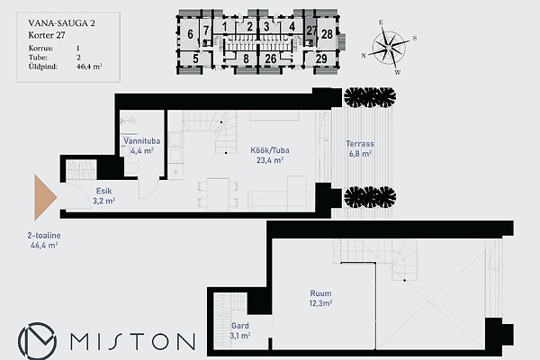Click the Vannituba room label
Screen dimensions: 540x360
(x=141, y=141)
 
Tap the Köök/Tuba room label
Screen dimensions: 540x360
(x=270, y=150)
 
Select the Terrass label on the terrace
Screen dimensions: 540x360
(x=360, y=144)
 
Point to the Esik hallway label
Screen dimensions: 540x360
(x=103, y=191)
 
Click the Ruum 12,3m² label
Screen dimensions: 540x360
(x=320, y=298)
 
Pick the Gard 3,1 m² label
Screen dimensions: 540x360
(x=240, y=330)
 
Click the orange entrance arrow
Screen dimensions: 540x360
(x=45, y=197)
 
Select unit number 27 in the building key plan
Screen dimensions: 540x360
(x=311, y=31)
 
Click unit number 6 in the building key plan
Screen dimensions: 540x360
(x=190, y=34)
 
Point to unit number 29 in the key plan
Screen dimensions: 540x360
(x=321, y=58)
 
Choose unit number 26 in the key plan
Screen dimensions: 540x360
(x=271, y=58)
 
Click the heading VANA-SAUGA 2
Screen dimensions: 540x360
(x=61, y=23)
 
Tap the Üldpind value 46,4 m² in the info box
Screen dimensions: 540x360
(x=89, y=67)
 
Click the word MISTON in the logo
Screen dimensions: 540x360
(x=132, y=341)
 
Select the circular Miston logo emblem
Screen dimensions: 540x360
(x=37, y=341)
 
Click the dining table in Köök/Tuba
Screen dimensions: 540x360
(x=218, y=194)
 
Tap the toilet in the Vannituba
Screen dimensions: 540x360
(x=131, y=168)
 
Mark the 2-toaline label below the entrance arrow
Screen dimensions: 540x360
(x=44, y=236)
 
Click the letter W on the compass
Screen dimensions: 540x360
(x=398, y=72)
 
